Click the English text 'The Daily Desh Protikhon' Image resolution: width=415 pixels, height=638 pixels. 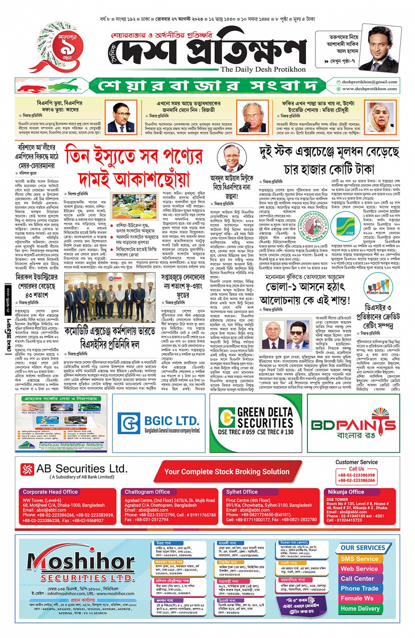pyautogui.click(x=263, y=69)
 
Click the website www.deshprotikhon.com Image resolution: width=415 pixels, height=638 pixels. pyautogui.click(x=369, y=89)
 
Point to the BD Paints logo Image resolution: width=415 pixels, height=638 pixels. pyautogui.click(x=354, y=424)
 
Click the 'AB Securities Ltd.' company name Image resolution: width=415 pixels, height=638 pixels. pyautogui.click(x=82, y=468)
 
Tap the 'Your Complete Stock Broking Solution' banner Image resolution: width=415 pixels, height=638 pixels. pyautogui.click(x=227, y=471)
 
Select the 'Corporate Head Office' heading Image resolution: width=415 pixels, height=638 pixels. pyautogui.click(x=50, y=492)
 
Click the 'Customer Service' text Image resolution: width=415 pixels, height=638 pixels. pyautogui.click(x=356, y=462)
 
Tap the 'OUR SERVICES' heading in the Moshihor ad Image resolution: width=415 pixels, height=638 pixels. pyautogui.click(x=363, y=547)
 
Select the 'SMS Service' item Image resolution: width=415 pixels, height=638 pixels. pyautogui.click(x=359, y=559)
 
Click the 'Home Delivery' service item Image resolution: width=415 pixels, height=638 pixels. pyautogui.click(x=360, y=609)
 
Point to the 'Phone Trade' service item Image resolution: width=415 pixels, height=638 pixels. pyautogui.click(x=359, y=588)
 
